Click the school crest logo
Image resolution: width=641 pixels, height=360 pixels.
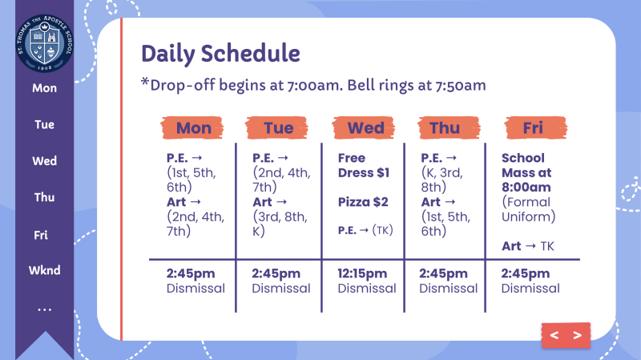(x=45, y=42)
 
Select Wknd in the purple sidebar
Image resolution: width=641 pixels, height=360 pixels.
(x=45, y=270)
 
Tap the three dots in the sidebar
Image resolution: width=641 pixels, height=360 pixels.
(x=45, y=309)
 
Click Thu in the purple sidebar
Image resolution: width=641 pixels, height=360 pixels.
(x=45, y=197)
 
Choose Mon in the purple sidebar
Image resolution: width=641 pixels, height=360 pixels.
(x=45, y=88)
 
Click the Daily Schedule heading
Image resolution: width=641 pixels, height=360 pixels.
(x=221, y=54)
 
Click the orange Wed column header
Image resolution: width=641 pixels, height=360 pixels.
(x=364, y=128)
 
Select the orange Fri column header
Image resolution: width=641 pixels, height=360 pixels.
(x=536, y=128)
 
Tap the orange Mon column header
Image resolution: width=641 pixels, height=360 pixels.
(x=192, y=128)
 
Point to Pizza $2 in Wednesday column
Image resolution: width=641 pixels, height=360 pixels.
(x=363, y=202)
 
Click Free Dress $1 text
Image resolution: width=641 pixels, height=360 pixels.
(x=364, y=165)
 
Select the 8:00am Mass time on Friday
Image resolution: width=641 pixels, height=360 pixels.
(x=526, y=188)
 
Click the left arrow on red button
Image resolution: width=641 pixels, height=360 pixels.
(x=554, y=335)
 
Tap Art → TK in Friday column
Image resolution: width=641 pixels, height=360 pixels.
(x=528, y=246)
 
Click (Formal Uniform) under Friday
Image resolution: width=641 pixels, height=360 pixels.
(x=528, y=209)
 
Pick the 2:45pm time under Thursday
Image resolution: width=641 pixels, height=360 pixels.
(x=443, y=273)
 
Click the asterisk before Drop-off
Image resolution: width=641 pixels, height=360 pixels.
(x=145, y=82)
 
